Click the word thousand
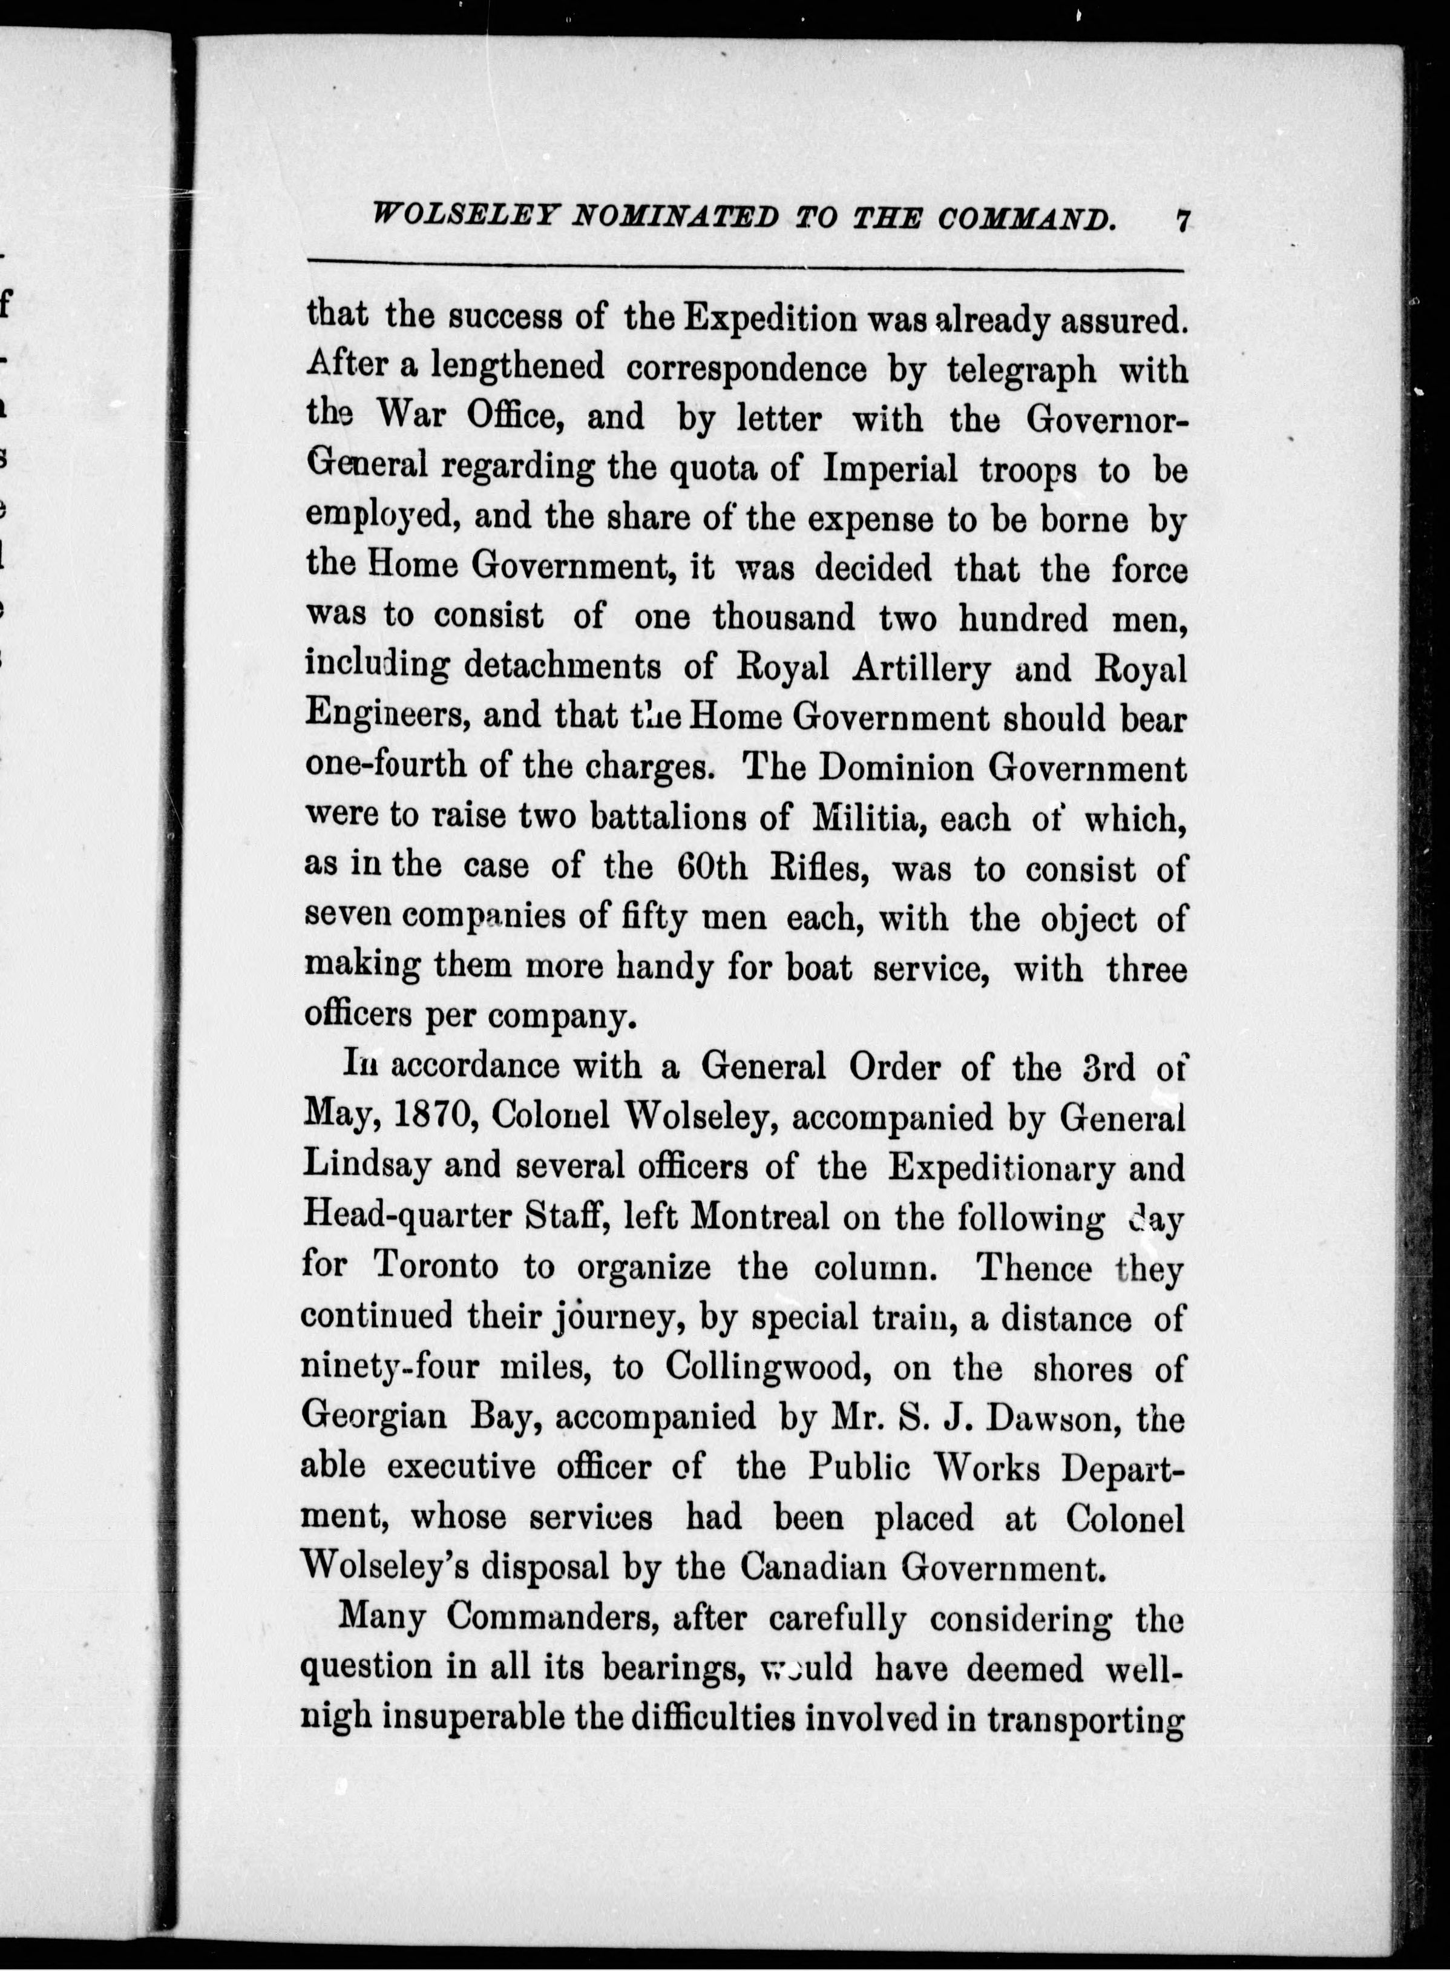pos(783,618)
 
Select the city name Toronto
pos(435,1265)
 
